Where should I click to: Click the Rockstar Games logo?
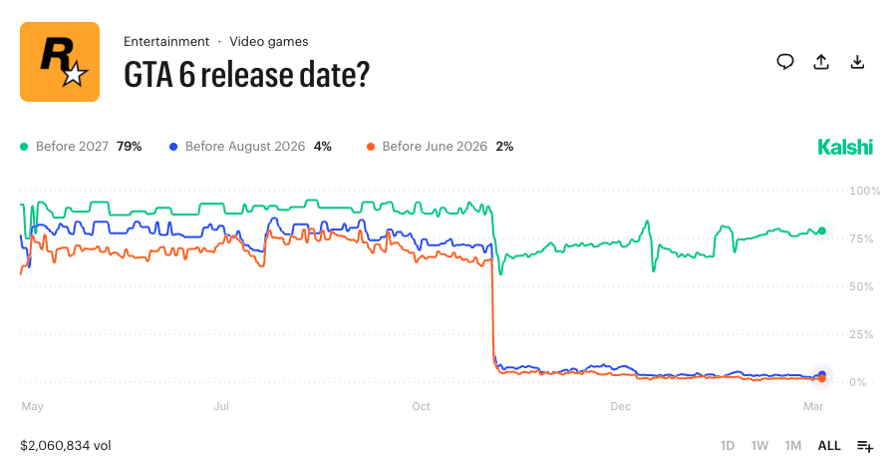(60, 62)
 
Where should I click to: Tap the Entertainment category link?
(166, 41)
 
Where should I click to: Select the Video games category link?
(269, 41)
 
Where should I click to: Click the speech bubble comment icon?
(785, 62)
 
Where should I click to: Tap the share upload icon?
(821, 62)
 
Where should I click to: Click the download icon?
(857, 62)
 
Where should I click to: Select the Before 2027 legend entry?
(82, 146)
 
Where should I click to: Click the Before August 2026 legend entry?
(252, 146)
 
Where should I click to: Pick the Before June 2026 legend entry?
(441, 146)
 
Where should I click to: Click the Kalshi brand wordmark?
(845, 147)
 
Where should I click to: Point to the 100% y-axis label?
(863, 191)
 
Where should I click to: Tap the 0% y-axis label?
(860, 382)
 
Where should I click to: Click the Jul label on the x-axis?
(222, 406)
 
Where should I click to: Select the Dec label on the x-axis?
(621, 406)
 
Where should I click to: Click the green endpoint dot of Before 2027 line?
(822, 231)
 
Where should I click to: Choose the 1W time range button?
(759, 445)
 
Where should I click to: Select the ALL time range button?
(829, 445)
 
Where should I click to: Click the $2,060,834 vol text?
(67, 445)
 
